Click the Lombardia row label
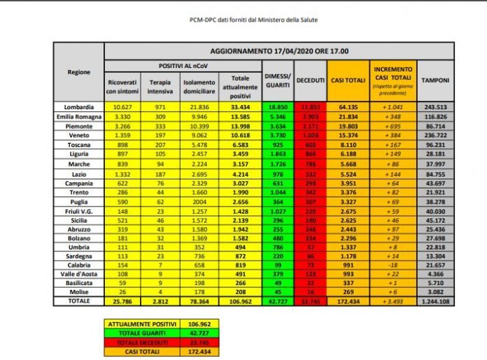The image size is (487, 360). click(78, 106)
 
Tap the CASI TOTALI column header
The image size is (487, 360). click(348, 80)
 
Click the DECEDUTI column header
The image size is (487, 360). click(311, 80)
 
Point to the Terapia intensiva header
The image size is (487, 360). click(161, 86)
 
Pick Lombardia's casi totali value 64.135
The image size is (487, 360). click(348, 106)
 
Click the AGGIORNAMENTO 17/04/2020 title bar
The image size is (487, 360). click(279, 51)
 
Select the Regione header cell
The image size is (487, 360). click(78, 72)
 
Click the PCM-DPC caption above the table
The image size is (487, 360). click(243, 20)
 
